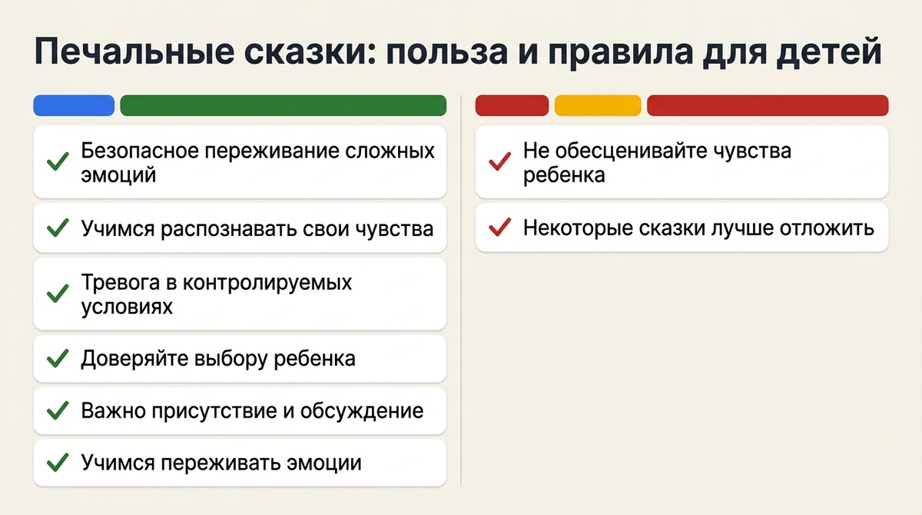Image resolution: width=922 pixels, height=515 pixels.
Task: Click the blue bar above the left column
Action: (74, 105)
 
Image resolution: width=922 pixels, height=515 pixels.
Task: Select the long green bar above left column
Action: (284, 105)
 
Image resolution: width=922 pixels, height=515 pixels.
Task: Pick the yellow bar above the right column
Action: (597, 105)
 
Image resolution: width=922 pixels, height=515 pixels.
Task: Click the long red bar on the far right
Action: (768, 105)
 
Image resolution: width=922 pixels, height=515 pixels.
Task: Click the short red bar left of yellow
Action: (512, 105)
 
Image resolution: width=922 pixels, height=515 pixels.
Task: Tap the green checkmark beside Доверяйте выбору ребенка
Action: (58, 359)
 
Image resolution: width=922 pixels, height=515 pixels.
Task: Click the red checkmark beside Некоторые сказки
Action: (500, 228)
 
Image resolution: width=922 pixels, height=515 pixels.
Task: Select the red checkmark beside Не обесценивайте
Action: (500, 162)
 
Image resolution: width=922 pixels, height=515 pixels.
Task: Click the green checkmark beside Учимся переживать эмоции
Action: (58, 463)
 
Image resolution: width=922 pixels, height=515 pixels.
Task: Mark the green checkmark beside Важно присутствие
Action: (58, 410)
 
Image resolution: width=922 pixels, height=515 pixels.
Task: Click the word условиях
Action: (127, 306)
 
